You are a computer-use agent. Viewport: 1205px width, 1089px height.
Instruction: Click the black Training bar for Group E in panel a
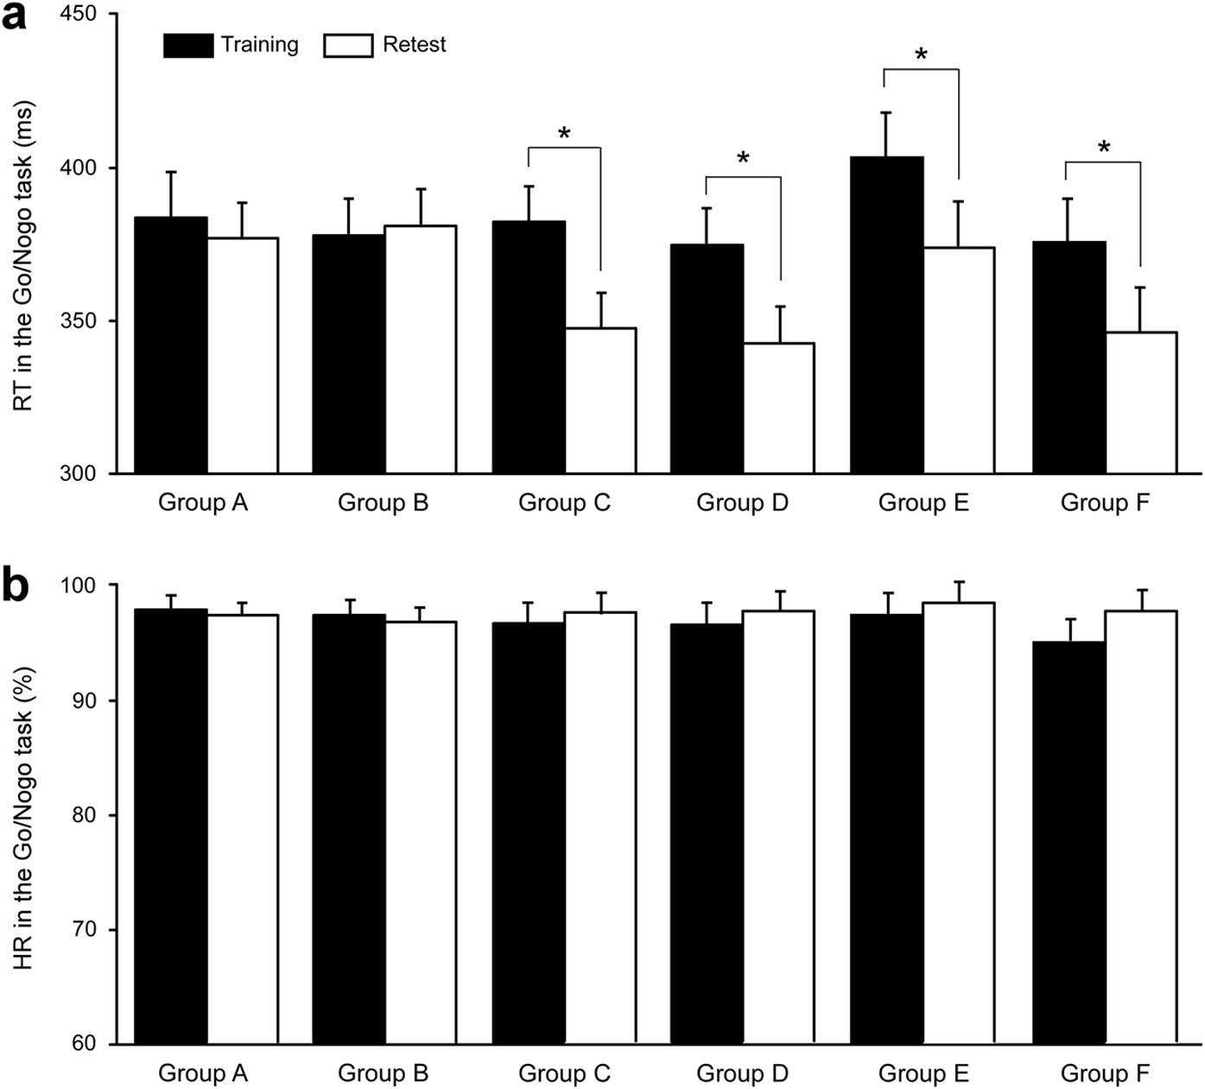tap(886, 315)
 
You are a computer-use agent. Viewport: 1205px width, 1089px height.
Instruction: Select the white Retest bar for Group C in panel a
tap(600, 401)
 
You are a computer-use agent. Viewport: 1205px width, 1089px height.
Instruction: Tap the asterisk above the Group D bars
tap(743, 159)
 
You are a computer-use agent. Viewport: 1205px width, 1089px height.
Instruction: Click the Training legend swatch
tap(187, 45)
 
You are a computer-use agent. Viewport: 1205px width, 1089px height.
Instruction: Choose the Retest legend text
tap(414, 45)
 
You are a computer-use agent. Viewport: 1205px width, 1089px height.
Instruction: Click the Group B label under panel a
tap(383, 503)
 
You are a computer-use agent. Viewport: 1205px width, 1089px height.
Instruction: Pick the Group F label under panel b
tap(1105, 1073)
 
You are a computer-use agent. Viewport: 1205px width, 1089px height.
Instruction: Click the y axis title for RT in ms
tap(23, 256)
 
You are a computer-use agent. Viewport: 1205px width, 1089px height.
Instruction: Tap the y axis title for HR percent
tap(23, 817)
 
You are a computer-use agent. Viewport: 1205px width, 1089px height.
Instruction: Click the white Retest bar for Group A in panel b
tap(242, 829)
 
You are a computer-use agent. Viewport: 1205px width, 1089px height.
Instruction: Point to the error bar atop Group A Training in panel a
tap(171, 193)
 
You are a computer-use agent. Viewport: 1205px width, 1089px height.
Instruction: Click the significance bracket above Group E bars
tap(921, 70)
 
